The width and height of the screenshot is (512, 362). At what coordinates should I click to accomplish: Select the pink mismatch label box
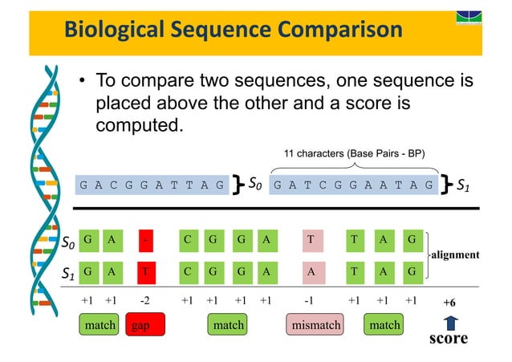pyautogui.click(x=315, y=325)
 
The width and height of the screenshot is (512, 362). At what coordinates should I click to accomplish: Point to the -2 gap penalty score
pyautogui.click(x=145, y=301)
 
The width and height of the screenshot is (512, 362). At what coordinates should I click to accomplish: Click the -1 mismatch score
pyautogui.click(x=310, y=301)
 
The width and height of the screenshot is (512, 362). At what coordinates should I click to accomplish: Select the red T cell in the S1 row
pyautogui.click(x=145, y=271)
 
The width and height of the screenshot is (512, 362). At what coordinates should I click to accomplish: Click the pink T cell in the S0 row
pyautogui.click(x=310, y=239)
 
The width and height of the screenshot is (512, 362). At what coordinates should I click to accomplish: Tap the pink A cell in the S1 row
pyautogui.click(x=310, y=271)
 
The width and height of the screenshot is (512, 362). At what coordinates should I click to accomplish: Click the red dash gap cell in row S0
pyautogui.click(x=145, y=239)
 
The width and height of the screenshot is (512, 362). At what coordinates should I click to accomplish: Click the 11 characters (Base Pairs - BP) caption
pyautogui.click(x=356, y=153)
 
